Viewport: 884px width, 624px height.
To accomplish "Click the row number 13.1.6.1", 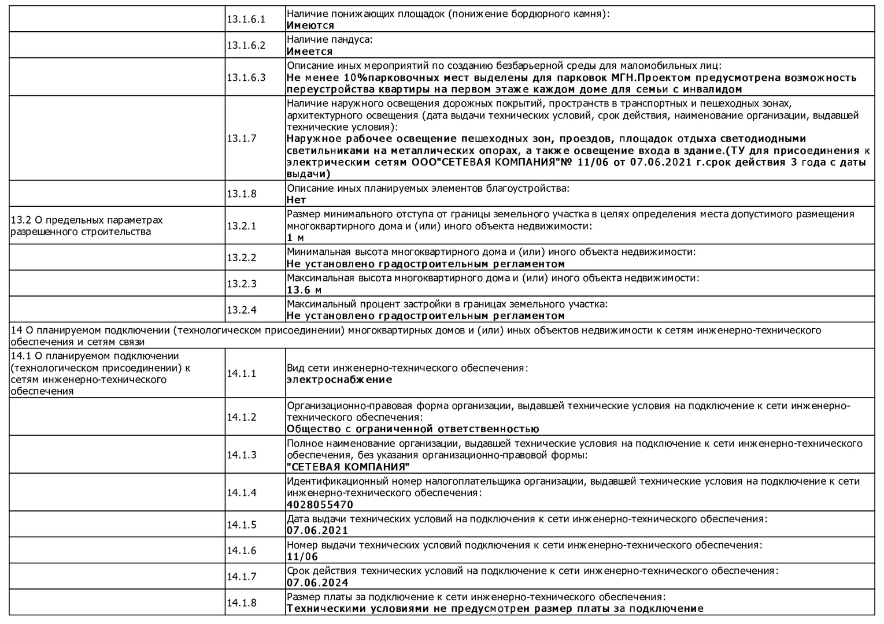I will pos(246,19).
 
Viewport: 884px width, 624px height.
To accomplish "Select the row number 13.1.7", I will pos(241,138).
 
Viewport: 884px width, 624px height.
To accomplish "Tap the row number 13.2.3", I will pos(241,284).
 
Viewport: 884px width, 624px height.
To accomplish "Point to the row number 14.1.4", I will pos(241,492).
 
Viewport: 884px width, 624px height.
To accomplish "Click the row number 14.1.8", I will pos(241,603).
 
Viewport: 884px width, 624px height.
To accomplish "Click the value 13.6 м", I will pos(304,290).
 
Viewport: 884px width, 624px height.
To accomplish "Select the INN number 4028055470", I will pos(320,504).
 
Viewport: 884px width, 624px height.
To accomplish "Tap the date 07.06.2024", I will pos(317,582).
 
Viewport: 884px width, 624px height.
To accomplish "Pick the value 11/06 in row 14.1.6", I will pos(302,557).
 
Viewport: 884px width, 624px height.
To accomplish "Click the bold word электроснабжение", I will pos(339,380).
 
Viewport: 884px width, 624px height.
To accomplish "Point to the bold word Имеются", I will pos(310,25).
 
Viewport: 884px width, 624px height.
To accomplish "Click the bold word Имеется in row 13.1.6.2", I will pos(310,51).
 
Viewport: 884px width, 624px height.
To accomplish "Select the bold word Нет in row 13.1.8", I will pos(296,200).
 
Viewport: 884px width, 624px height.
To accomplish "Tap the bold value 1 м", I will pos(295,237).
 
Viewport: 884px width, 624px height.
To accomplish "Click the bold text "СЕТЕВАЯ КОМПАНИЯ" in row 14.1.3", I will pos(348,467).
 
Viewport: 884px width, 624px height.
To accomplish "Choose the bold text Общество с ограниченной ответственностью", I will pos(413,429).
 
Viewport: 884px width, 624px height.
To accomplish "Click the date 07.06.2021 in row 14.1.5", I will pos(317,530).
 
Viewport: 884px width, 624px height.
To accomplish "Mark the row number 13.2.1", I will pos(241,226).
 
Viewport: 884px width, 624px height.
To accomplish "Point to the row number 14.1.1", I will pos(241,373).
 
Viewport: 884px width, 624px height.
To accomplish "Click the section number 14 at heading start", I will pos(16,330).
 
